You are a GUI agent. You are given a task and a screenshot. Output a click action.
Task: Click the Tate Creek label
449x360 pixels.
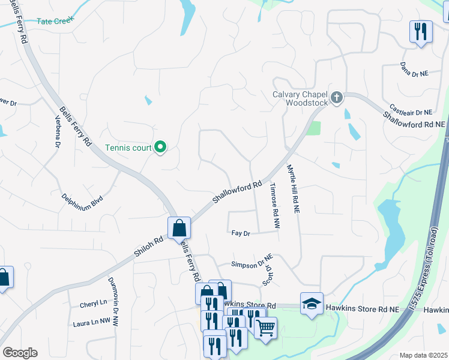[55, 20]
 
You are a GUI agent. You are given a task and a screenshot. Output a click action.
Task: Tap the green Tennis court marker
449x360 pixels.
[160, 147]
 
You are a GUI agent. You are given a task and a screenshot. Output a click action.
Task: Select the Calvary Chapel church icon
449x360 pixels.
[337, 97]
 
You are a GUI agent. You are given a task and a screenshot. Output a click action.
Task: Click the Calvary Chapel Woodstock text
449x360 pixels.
[301, 98]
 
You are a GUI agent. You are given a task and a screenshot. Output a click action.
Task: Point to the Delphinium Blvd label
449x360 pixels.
[82, 198]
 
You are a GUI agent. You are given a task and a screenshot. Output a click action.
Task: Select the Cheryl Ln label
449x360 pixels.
[93, 304]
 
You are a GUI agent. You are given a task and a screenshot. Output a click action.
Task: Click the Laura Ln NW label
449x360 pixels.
[91, 322]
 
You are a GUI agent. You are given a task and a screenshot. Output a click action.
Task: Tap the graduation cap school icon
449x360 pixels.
[312, 304]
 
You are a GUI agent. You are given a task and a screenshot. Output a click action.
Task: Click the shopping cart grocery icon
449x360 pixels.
[265, 328]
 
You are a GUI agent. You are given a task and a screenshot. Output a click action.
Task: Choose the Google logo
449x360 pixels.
[20, 353]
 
